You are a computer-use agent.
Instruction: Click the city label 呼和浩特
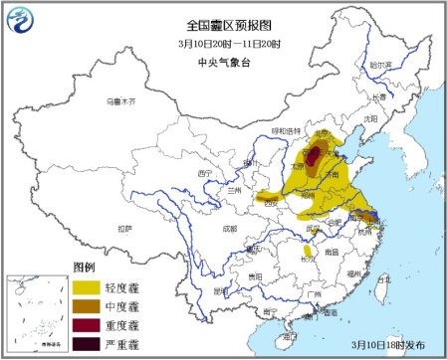(x=284, y=130)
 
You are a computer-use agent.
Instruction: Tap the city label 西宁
(x=206, y=173)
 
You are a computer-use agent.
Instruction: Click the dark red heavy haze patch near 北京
(x=314, y=156)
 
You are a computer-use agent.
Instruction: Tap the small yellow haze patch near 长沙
(x=308, y=253)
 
